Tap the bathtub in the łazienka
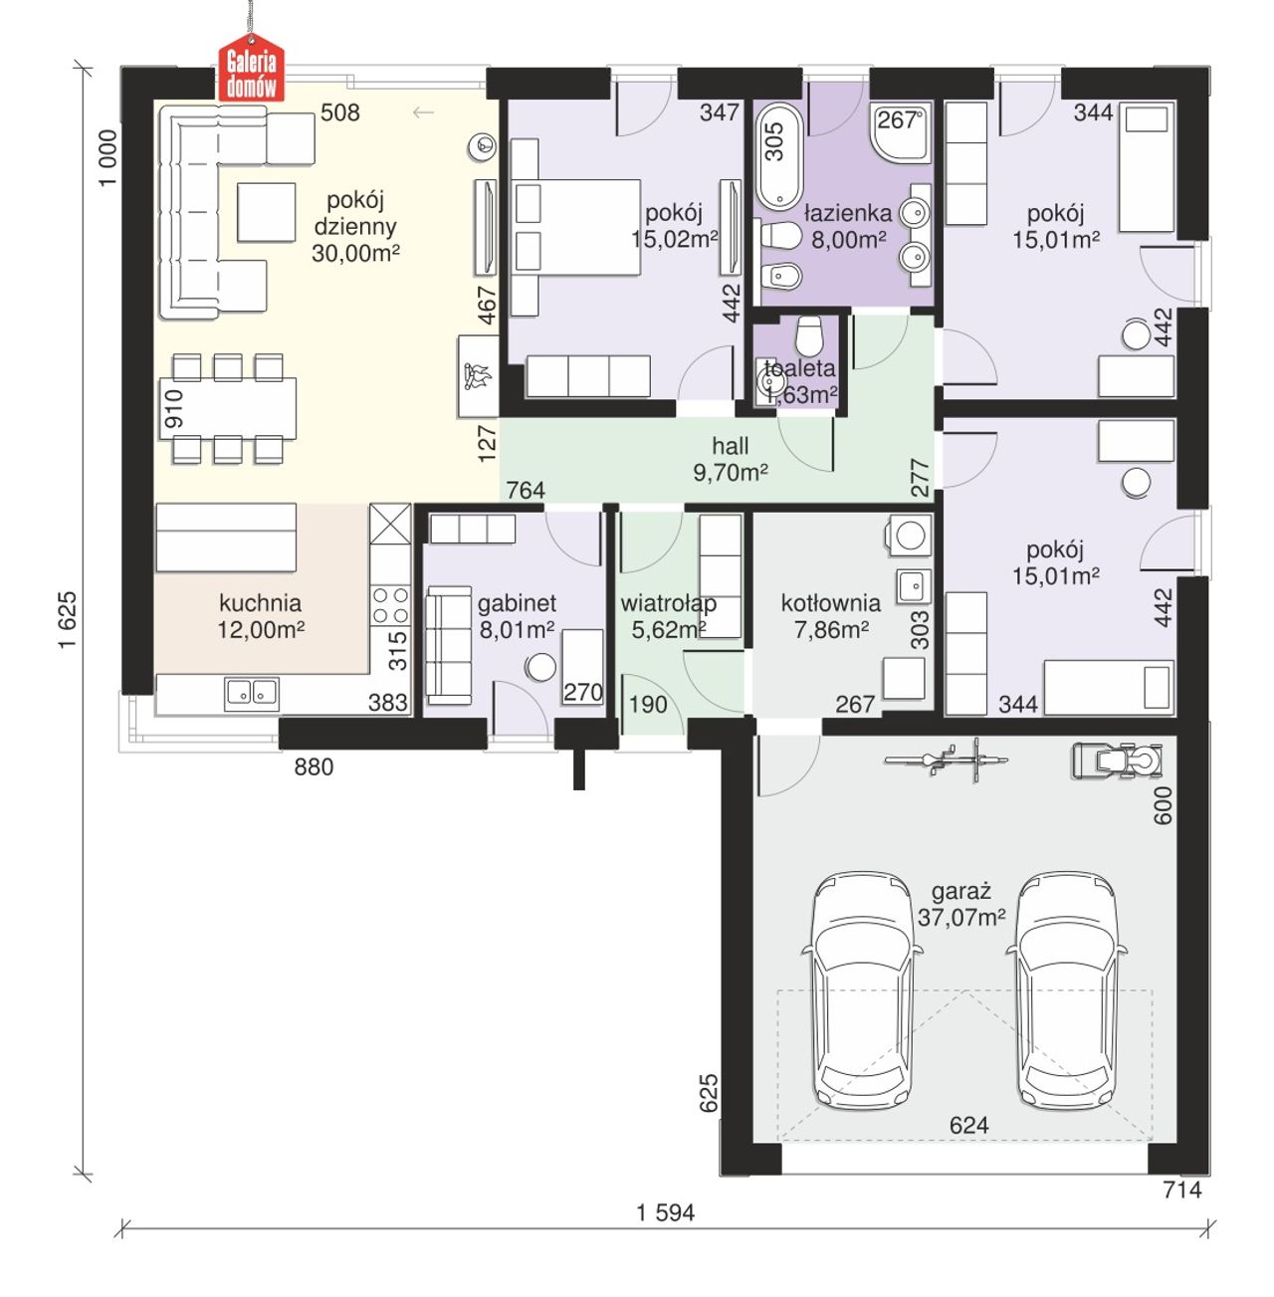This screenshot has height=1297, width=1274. [778, 156]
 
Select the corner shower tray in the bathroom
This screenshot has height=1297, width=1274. [900, 132]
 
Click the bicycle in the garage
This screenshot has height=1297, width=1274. [947, 759]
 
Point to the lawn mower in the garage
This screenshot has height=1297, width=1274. [1117, 759]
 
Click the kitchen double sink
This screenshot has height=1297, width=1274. [252, 694]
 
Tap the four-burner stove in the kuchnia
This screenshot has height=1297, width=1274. [390, 604]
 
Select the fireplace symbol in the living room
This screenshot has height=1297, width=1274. [477, 376]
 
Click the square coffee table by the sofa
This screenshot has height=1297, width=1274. [266, 212]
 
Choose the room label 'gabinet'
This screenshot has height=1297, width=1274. [517, 603]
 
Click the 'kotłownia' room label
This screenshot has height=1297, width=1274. [830, 603]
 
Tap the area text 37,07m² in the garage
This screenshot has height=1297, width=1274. [961, 918]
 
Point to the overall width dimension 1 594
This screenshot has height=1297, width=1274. [665, 1212]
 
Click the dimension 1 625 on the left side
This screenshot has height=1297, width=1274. [68, 620]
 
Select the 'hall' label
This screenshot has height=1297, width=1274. [731, 446]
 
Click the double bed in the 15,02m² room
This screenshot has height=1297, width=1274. [575, 227]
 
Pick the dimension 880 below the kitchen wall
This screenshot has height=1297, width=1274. [314, 766]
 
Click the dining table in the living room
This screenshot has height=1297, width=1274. [228, 408]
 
